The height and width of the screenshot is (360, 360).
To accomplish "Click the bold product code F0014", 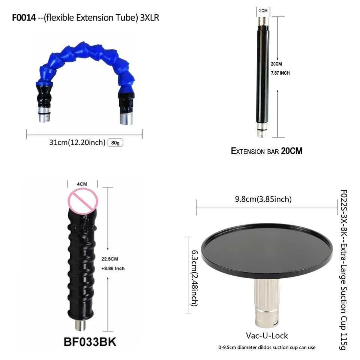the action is click(24, 18).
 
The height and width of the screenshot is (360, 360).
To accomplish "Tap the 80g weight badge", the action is click(115, 142).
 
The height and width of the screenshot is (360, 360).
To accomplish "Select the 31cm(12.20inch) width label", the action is click(77, 142).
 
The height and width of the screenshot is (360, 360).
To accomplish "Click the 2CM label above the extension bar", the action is click(263, 10).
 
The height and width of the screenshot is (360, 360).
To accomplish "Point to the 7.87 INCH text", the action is click(280, 73).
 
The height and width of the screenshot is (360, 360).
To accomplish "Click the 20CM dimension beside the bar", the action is click(276, 64).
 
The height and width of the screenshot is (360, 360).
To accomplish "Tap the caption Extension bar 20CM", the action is click(267, 151).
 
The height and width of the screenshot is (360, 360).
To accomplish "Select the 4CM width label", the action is click(82, 184).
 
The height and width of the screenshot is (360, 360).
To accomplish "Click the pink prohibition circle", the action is click(82, 201).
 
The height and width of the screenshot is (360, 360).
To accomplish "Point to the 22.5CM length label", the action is click(110, 259).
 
